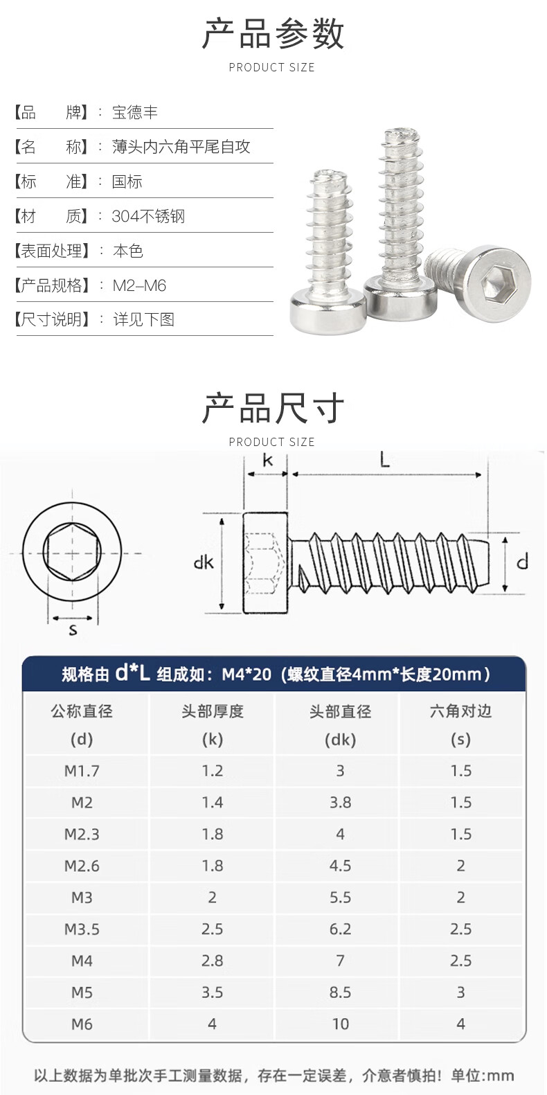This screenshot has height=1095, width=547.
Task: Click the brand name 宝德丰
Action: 135,112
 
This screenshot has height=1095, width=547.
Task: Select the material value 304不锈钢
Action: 148,216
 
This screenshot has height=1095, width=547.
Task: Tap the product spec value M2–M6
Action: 139,285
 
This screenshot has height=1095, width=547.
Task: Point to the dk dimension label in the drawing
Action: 204,562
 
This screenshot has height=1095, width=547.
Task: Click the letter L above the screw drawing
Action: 385,460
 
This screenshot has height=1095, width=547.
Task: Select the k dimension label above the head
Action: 267,460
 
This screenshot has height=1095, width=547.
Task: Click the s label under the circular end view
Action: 73,630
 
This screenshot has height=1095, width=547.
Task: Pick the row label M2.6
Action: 82,866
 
